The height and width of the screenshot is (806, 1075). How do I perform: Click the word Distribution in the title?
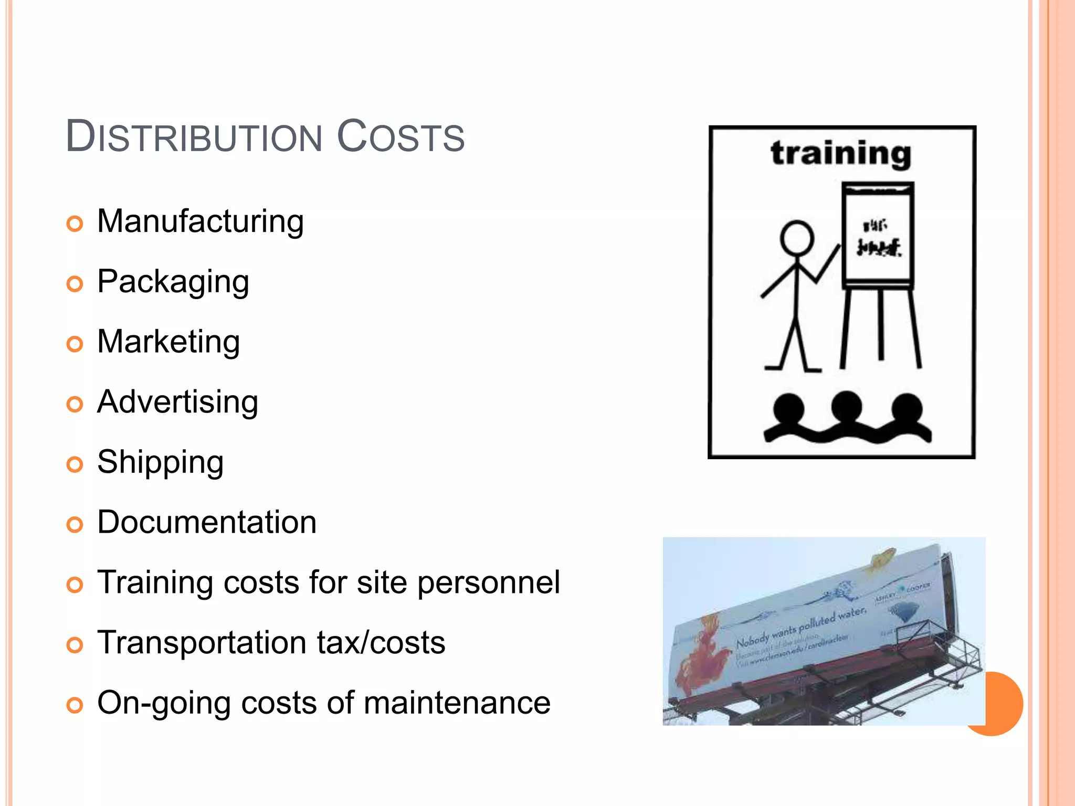(x=194, y=137)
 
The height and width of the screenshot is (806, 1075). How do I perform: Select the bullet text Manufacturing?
(x=201, y=221)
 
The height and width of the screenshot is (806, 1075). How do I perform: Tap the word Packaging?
(x=173, y=282)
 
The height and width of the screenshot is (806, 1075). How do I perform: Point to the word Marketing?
(x=168, y=342)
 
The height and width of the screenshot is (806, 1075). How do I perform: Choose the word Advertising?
(x=177, y=402)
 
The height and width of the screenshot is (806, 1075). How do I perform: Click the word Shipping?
(x=160, y=462)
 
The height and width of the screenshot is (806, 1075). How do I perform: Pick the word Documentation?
(x=207, y=523)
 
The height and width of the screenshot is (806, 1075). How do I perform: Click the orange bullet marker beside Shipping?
(x=75, y=464)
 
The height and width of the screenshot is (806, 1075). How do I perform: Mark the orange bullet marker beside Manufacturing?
(x=75, y=224)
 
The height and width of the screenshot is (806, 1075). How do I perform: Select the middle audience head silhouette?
(x=846, y=407)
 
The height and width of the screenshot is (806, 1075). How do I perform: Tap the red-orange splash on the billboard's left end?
(x=701, y=656)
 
